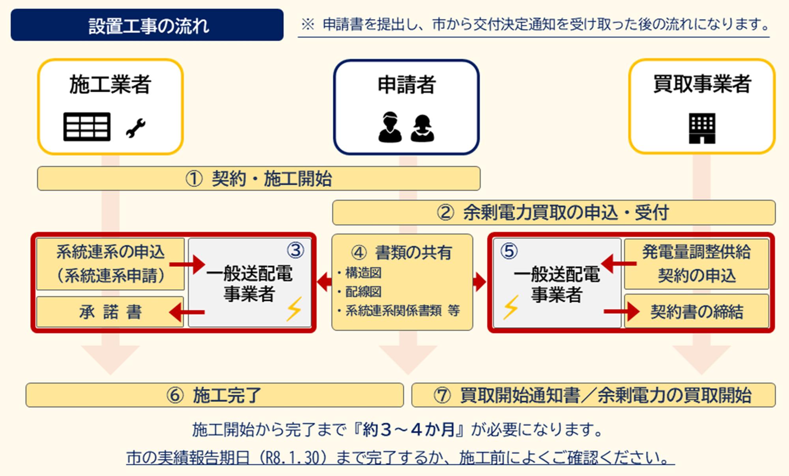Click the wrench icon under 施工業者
[x=136, y=128]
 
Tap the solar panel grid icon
[x=87, y=127]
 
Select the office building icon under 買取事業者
[x=702, y=129]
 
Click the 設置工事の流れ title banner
[x=147, y=25]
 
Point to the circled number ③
[x=295, y=250]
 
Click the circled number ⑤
[x=509, y=251]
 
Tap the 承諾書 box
[x=110, y=312]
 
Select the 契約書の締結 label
[x=697, y=312]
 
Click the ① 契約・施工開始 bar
[x=259, y=179]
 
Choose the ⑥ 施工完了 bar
[x=215, y=395]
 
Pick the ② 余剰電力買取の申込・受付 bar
[x=554, y=213]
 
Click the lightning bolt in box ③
[x=294, y=309]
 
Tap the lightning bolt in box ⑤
[x=510, y=307]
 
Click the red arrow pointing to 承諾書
[x=187, y=312]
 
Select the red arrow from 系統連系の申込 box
[x=188, y=264]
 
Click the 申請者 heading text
[x=406, y=84]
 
